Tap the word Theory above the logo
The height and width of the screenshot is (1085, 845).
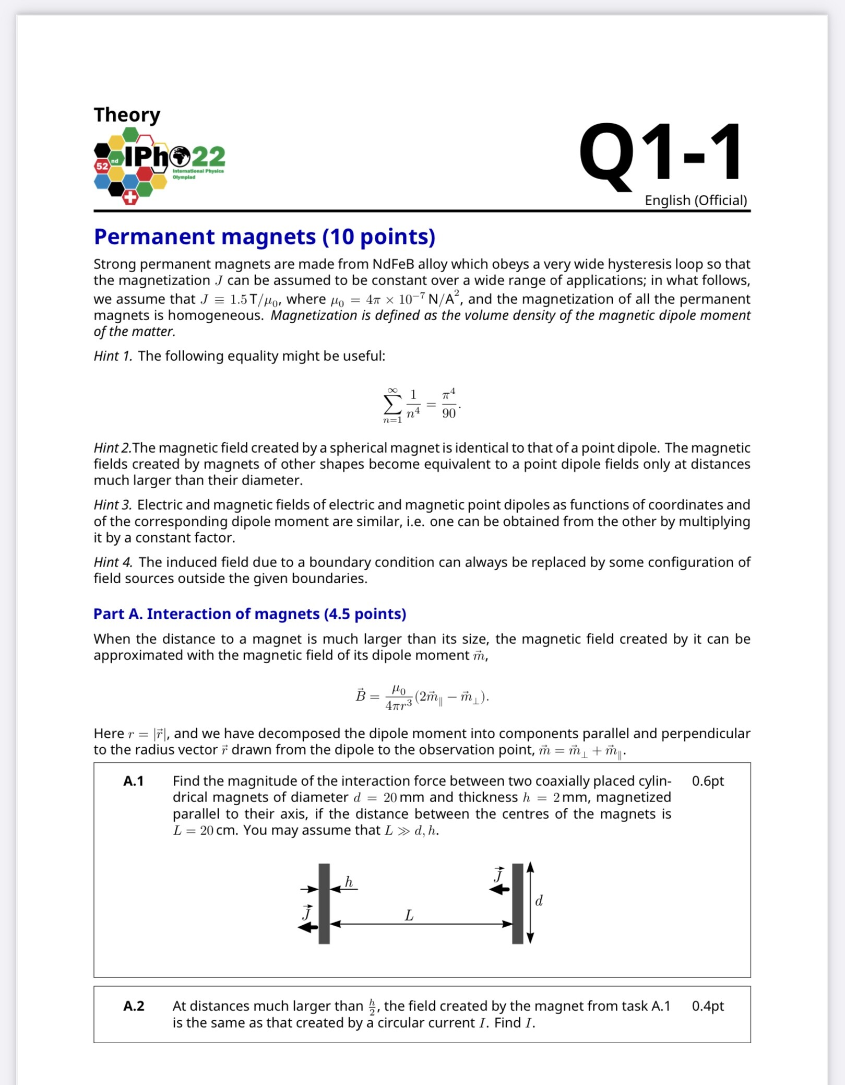[x=127, y=115]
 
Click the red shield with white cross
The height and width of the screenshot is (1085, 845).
[x=130, y=197]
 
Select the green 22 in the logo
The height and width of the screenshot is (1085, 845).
[x=208, y=156]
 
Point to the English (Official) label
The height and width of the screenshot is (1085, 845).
[x=695, y=201]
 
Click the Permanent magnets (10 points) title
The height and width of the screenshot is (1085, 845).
[x=264, y=237]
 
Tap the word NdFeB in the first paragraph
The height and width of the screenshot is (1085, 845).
[x=393, y=264]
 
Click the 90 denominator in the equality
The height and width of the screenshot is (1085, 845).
[x=449, y=414]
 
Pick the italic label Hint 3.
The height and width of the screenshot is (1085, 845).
[x=113, y=505]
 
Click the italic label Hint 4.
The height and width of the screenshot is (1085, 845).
[x=113, y=562]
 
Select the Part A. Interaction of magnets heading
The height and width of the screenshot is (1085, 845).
[x=249, y=614]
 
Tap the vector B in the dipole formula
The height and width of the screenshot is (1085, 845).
[x=360, y=696]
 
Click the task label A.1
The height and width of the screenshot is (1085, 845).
[x=133, y=781]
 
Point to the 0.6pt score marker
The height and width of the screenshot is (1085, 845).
[x=707, y=781]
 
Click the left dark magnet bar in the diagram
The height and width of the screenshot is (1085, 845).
[x=324, y=904]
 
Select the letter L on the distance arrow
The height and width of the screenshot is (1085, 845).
[x=409, y=915]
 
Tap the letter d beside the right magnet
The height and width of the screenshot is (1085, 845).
[x=539, y=901]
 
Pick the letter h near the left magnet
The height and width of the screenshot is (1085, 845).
[x=349, y=882]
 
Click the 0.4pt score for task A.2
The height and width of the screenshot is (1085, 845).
[x=707, y=1006]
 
